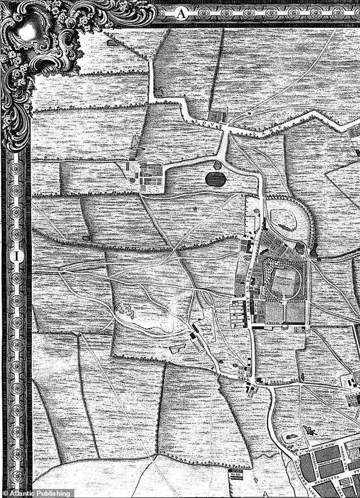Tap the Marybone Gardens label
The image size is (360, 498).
coord(284,280)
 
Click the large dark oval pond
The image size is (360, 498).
coord(215,179)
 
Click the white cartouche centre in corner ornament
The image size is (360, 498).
coord(26,31)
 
